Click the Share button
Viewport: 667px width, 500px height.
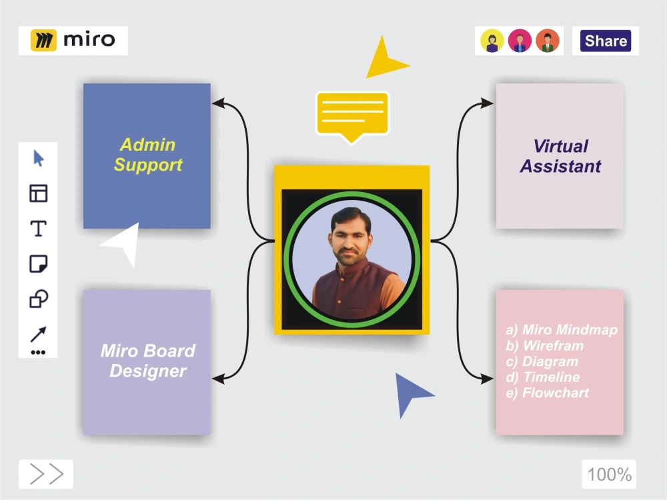pos(606,41)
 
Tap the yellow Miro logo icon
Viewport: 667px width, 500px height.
pos(43,41)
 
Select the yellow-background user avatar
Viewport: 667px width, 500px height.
pos(492,41)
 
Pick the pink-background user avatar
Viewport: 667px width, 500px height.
pos(520,41)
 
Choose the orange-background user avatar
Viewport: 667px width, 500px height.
pos(548,41)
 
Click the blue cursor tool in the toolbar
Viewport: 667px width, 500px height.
pos(38,158)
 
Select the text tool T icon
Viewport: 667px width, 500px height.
pos(38,229)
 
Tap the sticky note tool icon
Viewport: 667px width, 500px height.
pos(38,263)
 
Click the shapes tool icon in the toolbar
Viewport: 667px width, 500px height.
pos(38,299)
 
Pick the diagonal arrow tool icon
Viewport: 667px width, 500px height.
pos(38,334)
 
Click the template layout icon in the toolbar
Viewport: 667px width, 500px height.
pos(38,193)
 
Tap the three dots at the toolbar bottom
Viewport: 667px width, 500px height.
pos(38,353)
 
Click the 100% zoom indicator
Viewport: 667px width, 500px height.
pos(609,475)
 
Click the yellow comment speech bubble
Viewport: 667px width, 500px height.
pos(352,115)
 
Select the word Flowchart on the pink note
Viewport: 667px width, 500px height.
pos(555,393)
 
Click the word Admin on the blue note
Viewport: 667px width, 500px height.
pos(147,145)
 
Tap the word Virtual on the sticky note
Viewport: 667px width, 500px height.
pos(561,146)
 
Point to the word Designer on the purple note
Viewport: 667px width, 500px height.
pos(148,371)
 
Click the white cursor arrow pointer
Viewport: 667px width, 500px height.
pos(121,243)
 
